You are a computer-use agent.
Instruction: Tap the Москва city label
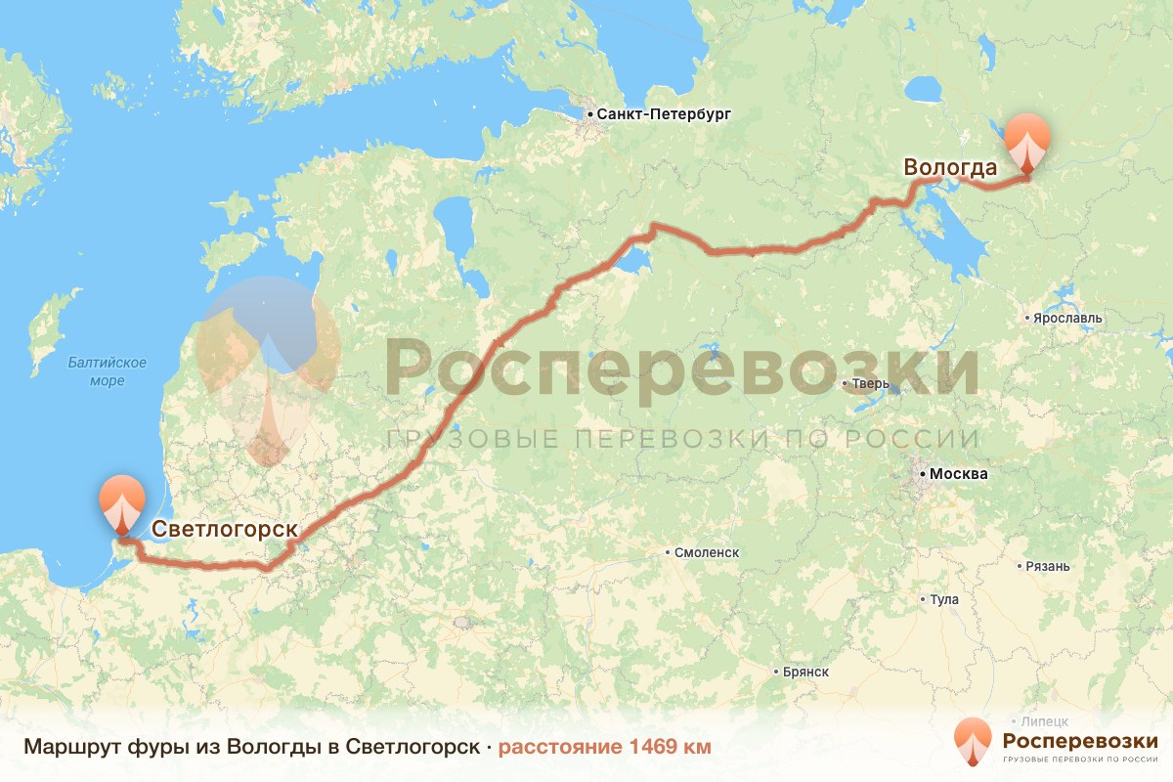click(x=958, y=474)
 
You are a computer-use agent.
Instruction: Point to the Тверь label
click(x=871, y=383)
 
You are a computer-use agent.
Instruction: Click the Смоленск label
click(x=706, y=552)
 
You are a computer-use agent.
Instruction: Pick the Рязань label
click(x=1048, y=566)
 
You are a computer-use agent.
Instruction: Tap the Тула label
click(x=944, y=599)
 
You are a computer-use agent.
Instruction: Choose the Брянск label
click(x=805, y=672)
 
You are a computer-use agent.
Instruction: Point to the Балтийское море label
click(x=108, y=371)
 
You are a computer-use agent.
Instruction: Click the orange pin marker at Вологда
click(x=1026, y=145)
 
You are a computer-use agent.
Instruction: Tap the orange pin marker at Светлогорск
click(x=121, y=504)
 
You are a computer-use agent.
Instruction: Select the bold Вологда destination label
click(x=950, y=167)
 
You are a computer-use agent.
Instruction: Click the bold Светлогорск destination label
click(x=224, y=529)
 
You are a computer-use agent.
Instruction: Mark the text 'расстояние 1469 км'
click(x=604, y=747)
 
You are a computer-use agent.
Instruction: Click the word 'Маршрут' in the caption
click(x=65, y=747)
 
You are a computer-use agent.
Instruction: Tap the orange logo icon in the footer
click(x=973, y=741)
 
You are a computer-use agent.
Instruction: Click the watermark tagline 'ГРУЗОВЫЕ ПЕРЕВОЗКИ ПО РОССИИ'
click(x=682, y=439)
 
